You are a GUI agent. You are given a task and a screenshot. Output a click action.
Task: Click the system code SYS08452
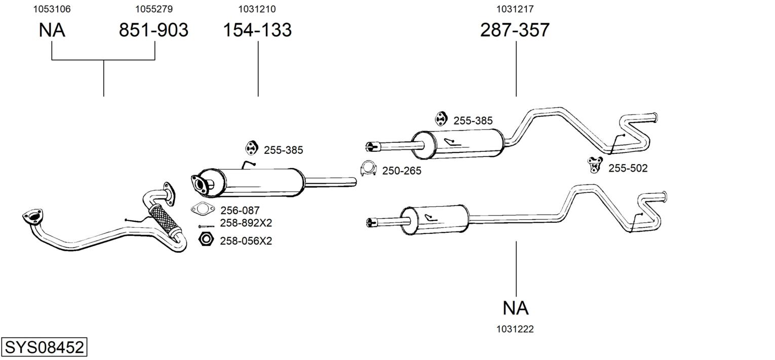click(x=44, y=347)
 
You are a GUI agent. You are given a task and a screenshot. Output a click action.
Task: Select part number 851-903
click(x=153, y=30)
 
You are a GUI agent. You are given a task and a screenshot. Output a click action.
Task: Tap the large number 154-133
click(x=257, y=30)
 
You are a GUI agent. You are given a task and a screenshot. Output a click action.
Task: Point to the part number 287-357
click(x=515, y=30)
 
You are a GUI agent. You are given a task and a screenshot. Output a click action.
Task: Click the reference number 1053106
click(x=52, y=9)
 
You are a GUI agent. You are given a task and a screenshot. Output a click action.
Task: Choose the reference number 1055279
click(x=154, y=9)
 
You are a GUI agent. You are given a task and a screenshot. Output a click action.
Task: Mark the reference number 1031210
click(x=257, y=9)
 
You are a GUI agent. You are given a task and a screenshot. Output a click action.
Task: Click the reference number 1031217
click(x=515, y=9)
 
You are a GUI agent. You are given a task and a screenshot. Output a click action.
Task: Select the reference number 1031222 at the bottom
click(x=515, y=329)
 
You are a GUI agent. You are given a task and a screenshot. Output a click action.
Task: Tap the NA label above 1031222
click(x=516, y=308)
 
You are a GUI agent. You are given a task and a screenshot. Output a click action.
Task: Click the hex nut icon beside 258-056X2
click(x=206, y=239)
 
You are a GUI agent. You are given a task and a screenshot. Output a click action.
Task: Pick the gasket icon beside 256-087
click(x=203, y=209)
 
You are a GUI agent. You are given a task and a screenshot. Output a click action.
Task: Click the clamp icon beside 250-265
click(x=368, y=168)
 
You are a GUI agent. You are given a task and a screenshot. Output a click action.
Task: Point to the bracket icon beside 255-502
click(x=595, y=165)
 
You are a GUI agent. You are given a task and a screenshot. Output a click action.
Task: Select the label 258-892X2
click(x=246, y=223)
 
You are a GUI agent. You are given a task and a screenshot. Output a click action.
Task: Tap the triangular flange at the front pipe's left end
click(x=33, y=217)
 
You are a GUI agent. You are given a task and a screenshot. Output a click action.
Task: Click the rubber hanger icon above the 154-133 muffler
click(x=251, y=148)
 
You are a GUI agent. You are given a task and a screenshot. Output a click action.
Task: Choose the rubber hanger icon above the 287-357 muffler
click(x=441, y=118)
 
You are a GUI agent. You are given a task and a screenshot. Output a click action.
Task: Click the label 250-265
click(x=402, y=171)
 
